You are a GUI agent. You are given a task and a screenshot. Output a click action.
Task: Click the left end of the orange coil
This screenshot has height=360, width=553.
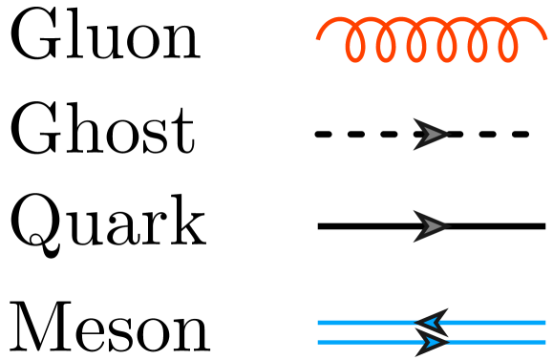318,39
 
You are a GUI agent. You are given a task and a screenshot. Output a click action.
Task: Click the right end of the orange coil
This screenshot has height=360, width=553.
546,39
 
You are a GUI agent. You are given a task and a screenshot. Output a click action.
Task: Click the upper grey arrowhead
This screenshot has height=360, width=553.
430,135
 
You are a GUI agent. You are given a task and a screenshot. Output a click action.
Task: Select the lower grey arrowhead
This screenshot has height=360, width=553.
430,226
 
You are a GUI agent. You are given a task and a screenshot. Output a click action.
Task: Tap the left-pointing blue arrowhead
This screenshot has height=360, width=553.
433,323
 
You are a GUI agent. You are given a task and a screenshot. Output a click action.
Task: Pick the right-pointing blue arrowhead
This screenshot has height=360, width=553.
432,341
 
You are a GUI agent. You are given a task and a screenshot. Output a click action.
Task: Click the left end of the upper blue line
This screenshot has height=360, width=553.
318,323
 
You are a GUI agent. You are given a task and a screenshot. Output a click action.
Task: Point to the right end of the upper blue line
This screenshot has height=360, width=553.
545,323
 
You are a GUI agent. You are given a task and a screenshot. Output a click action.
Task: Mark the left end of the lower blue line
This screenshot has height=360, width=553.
318,341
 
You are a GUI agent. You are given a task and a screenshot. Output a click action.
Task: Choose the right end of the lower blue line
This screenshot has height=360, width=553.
545,341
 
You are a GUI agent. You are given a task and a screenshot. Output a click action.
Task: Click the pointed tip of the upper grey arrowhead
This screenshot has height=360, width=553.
447,135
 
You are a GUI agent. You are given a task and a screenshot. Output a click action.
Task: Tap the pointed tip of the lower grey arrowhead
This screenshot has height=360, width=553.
447,226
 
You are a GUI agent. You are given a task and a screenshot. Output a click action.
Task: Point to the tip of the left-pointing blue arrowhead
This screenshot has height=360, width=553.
417,323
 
